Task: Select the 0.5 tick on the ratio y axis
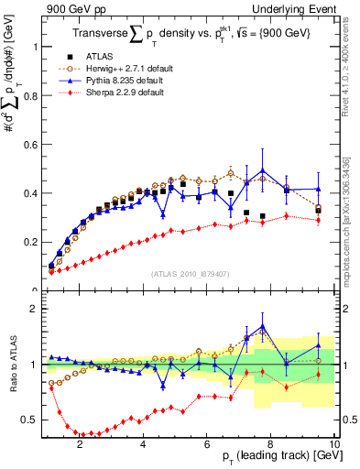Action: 31,420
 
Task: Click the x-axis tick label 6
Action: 208,444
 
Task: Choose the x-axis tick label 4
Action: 144,444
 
